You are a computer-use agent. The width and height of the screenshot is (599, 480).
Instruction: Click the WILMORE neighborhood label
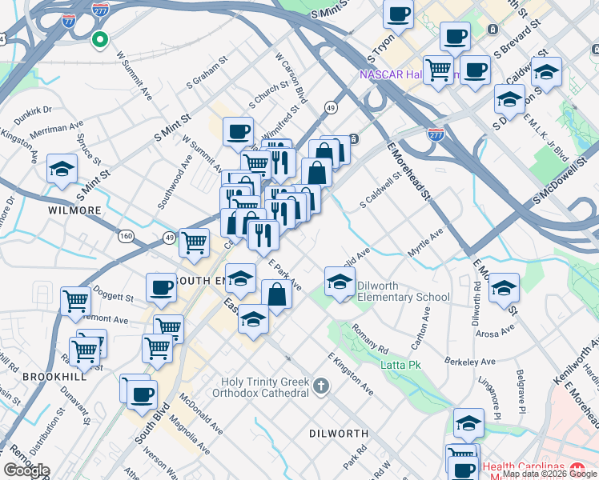point(74,210)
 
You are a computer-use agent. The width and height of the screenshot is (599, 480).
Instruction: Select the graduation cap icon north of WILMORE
point(62,169)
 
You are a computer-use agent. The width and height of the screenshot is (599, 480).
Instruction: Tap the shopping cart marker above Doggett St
point(75,301)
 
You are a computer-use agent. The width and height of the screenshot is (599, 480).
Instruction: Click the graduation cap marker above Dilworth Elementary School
point(340,281)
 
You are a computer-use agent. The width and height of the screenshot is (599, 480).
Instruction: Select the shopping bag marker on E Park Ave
point(276,294)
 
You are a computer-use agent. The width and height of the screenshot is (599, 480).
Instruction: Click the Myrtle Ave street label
point(425,238)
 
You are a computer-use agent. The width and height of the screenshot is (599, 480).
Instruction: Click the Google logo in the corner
point(26,470)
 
